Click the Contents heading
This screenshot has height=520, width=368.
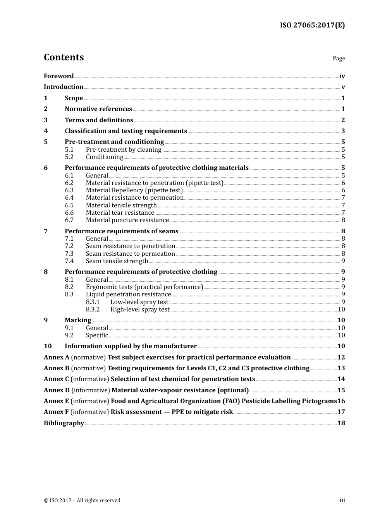pos(64,57)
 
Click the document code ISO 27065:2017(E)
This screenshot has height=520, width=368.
pos(312,25)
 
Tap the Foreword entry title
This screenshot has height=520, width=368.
pos(58,76)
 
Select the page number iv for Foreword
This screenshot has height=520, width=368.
pos(342,76)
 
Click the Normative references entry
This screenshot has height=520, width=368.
pos(98,109)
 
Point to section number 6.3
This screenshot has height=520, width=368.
pos(69,190)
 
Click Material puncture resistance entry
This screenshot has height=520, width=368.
pos(127,220)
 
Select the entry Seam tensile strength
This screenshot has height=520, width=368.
pos(117,261)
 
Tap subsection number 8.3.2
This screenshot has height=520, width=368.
pos(93,310)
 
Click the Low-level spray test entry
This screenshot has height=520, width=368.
pos(139,302)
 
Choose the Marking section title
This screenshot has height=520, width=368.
pos(78,320)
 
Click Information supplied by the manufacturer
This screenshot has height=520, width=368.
pos(131,346)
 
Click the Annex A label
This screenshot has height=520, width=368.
pos(57,357)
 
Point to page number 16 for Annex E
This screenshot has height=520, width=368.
pos(341,401)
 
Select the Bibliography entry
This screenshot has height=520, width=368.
pos(64,423)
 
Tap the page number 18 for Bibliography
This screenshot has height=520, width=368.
pos(341,423)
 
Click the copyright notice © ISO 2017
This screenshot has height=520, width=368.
pos(82,501)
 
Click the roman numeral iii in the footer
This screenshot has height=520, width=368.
pos(342,500)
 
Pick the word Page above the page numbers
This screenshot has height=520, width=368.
pos(339,58)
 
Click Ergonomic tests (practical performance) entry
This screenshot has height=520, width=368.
pos(144,287)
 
